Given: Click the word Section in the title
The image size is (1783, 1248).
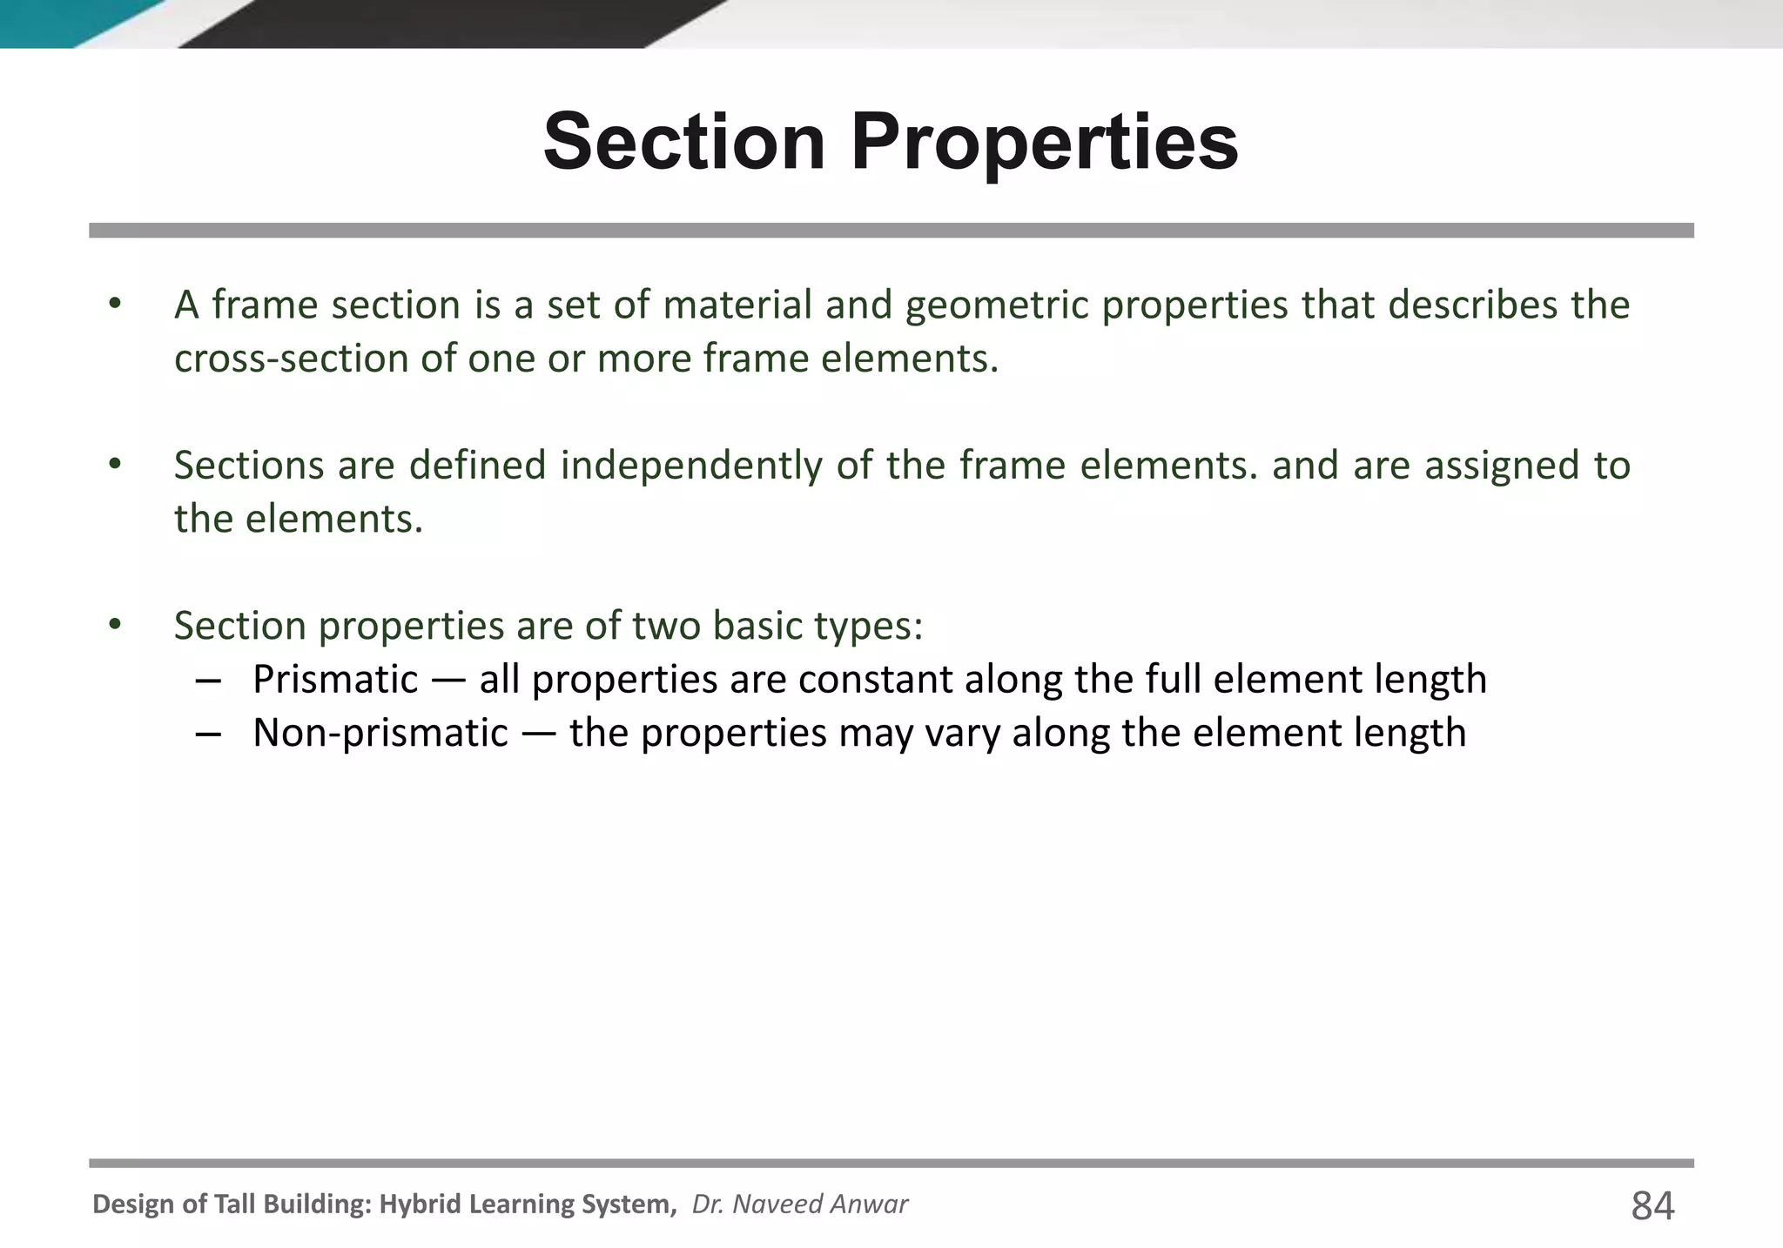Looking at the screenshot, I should (x=684, y=142).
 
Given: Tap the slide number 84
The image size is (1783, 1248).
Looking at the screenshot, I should (x=1652, y=1206).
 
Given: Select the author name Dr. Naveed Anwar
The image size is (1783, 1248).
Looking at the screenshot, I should (x=799, y=1204).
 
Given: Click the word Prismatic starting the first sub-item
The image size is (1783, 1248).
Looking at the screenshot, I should (x=335, y=680).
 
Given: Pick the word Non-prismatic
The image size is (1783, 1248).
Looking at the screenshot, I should (x=380, y=733).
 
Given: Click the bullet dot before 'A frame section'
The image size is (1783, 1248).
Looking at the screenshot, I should (x=114, y=305).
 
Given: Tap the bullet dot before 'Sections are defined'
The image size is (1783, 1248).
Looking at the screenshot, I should (x=114, y=465).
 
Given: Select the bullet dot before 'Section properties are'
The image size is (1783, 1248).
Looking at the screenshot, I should (x=114, y=625).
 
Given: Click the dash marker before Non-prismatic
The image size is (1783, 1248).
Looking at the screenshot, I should (x=208, y=734).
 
